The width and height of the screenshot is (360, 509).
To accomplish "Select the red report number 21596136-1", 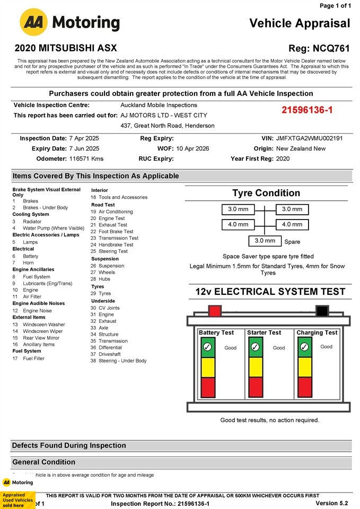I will (x=307, y=110).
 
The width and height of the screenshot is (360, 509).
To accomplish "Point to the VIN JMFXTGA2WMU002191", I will (x=309, y=138).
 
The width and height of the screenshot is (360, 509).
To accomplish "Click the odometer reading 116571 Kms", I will (x=86, y=159).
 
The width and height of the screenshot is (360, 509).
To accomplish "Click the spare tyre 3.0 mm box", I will (x=265, y=241).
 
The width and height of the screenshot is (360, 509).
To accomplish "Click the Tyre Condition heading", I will (x=266, y=193).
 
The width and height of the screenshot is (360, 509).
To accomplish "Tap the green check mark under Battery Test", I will (x=207, y=347).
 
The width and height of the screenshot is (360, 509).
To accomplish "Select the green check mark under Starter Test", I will (x=256, y=347).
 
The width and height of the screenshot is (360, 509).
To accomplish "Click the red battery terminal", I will (x=215, y=311).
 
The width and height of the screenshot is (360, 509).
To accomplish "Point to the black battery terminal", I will (x=321, y=311).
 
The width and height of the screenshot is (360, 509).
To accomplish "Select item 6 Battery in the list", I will (x=30, y=256).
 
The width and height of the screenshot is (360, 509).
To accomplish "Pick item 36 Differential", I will (x=112, y=347).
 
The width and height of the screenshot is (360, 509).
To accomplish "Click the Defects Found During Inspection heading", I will (x=62, y=445).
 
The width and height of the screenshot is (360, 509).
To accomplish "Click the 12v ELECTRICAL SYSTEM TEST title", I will (x=270, y=292).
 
